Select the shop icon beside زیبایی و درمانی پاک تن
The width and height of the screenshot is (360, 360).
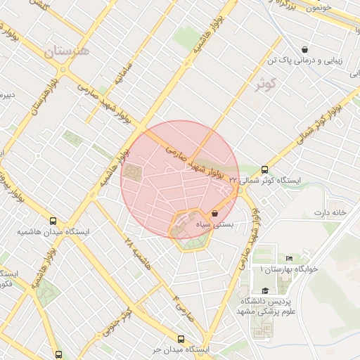click(x=304, y=49)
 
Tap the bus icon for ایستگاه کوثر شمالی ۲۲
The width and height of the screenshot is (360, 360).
click(x=264, y=169)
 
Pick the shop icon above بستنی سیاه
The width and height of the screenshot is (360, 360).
click(x=214, y=213)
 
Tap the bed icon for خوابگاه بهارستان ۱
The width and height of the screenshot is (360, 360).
click(x=290, y=259)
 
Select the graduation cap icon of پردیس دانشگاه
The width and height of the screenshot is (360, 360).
click(x=265, y=290)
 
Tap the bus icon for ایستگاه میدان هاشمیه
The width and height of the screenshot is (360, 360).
click(x=53, y=220)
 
